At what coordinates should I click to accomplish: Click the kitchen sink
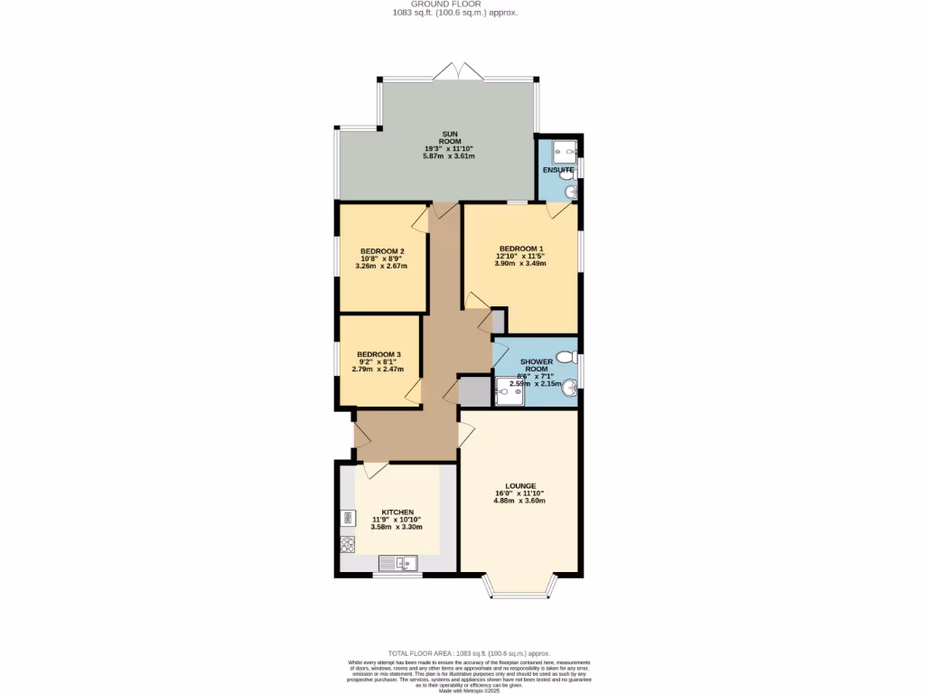397,565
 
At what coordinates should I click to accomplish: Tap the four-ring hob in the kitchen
348,544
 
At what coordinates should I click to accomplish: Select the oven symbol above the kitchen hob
348,518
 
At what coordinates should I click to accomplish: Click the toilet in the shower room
566,357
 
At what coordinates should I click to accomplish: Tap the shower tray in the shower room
509,391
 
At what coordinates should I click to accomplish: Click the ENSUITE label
558,169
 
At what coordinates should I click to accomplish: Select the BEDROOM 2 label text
381,251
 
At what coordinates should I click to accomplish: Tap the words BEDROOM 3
378,354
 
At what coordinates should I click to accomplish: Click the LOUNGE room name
520,485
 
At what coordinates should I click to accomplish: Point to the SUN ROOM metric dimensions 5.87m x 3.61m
449,156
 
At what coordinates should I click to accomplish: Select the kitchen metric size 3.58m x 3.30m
397,526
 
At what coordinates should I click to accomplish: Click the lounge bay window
519,589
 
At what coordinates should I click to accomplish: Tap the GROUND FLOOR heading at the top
455,5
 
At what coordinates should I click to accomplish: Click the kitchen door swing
376,470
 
